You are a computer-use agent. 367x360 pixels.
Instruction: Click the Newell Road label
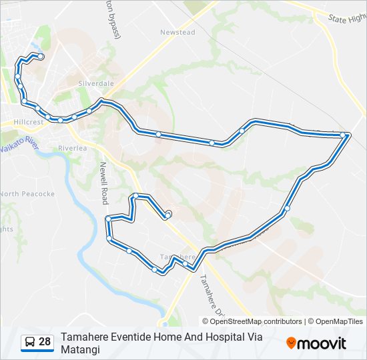(x=104, y=182)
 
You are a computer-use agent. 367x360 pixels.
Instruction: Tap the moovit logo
(x=316, y=343)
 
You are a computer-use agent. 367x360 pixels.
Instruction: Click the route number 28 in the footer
(x=45, y=342)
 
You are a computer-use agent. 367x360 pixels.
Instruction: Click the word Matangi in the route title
(x=80, y=349)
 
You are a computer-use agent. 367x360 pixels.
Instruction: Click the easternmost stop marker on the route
(x=343, y=135)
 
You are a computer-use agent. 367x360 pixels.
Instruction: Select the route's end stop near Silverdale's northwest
(x=41, y=57)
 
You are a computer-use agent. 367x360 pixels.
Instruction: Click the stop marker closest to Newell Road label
(x=108, y=219)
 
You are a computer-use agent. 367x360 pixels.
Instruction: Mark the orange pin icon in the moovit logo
(x=291, y=343)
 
